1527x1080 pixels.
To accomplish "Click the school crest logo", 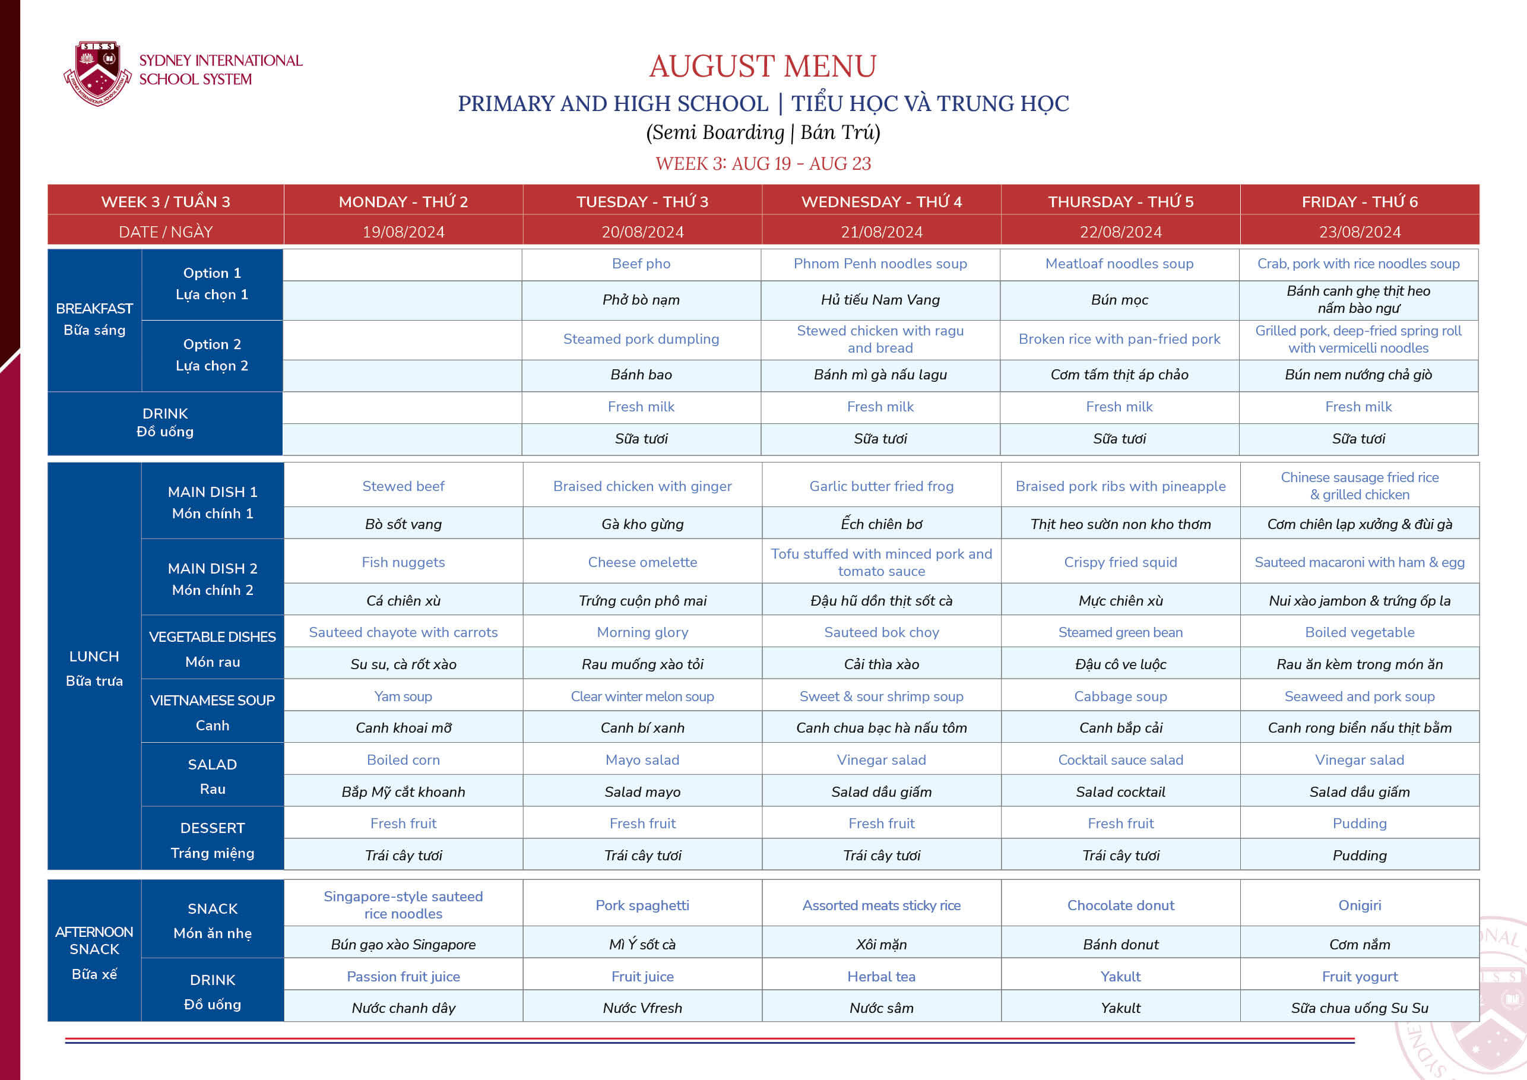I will click(98, 72).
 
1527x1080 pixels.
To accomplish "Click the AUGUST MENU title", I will click(763, 66).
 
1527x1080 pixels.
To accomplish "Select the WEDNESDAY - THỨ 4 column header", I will click(881, 201).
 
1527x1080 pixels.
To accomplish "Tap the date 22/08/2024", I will click(1121, 232).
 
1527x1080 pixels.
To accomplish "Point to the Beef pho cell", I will click(641, 264).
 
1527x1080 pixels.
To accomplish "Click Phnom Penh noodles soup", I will click(880, 264).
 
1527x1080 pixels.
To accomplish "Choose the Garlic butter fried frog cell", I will click(881, 486).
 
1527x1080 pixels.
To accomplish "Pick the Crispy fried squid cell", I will click(1121, 562).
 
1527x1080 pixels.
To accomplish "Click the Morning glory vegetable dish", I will click(642, 632).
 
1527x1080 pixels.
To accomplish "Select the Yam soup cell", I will click(403, 696).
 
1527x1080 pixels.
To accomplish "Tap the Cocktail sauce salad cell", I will click(1121, 759).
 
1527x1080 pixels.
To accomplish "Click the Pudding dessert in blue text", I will click(1360, 824).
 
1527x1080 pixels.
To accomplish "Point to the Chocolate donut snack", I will click(1121, 905).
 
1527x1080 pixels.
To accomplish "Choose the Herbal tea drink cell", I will click(881, 976).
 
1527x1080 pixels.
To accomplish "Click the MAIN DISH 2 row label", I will click(212, 578).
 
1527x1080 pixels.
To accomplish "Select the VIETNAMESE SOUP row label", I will click(212, 711).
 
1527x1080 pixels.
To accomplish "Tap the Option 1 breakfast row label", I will click(212, 283).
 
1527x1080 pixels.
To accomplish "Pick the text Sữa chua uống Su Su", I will click(1360, 1008).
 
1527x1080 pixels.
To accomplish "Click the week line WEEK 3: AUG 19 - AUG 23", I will click(763, 164).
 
